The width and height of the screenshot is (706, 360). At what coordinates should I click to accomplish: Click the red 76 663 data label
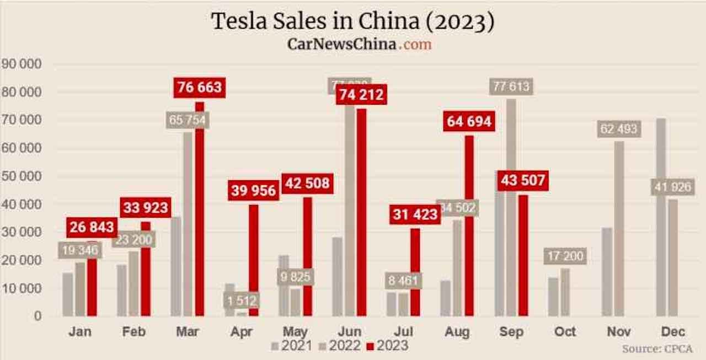(199, 87)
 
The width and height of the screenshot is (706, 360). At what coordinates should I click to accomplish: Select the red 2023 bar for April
(254, 259)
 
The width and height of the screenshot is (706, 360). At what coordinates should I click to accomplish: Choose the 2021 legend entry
(291, 346)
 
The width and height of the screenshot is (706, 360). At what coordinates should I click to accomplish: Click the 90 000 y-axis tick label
(22, 65)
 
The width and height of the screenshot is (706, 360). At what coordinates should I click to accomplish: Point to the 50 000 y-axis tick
(22, 176)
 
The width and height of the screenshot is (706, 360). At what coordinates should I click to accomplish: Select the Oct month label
(565, 332)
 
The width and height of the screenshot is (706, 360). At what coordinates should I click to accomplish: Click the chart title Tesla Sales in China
(352, 22)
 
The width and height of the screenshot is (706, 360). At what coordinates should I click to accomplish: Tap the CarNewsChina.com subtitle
(359, 44)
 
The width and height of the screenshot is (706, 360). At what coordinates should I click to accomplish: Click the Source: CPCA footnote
(657, 349)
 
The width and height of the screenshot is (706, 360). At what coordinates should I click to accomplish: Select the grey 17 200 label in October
(565, 256)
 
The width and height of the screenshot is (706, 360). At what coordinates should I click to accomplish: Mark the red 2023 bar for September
(523, 254)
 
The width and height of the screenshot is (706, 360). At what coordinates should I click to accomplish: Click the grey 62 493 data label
(618, 130)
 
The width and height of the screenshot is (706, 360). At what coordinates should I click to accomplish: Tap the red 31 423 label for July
(416, 214)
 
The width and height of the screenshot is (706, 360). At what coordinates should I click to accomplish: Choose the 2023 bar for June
(361, 212)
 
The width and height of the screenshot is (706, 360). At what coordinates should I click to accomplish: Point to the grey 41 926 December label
(672, 187)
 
